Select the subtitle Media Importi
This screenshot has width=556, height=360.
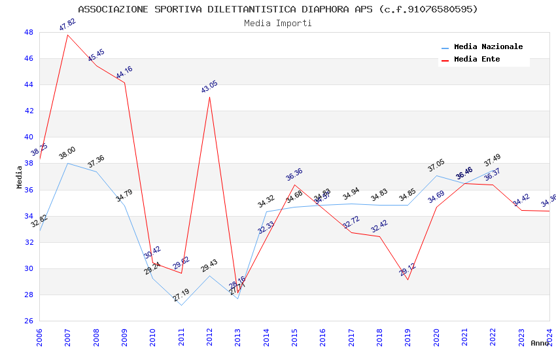coord(278,23)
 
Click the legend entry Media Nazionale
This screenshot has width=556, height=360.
coord(488,46)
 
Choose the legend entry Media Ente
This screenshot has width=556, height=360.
coord(477,59)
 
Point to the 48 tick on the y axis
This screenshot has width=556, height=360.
coord(29,32)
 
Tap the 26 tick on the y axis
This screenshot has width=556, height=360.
coord(29,321)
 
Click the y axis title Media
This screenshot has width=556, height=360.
coord(20,177)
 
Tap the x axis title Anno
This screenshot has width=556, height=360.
coord(540,343)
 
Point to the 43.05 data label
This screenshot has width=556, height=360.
coord(209,87)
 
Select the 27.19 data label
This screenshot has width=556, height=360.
coord(181,296)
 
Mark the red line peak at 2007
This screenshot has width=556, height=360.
coord(67,34)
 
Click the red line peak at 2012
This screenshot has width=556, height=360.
coord(209,97)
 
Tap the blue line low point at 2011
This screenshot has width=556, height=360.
coord(181,305)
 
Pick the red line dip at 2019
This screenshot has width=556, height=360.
coord(408,279)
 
